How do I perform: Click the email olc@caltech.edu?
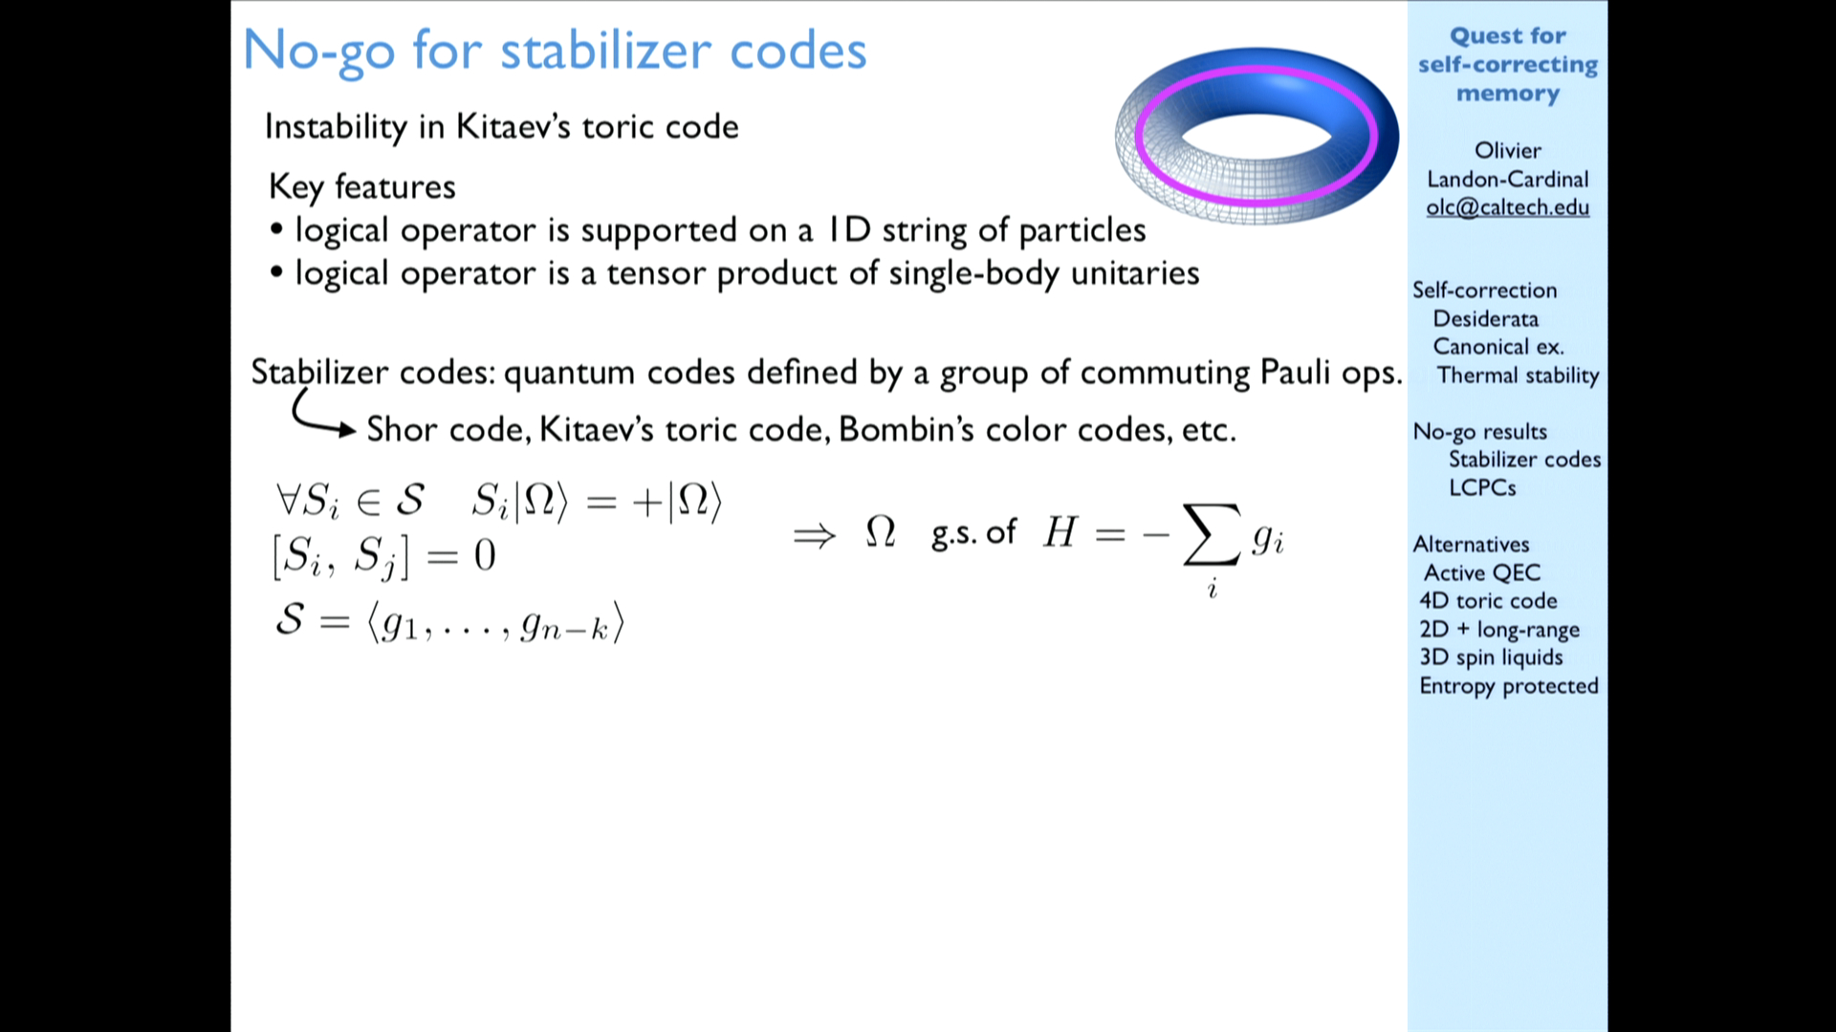click(x=1508, y=207)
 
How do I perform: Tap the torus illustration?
click(x=1257, y=136)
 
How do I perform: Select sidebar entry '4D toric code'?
click(x=1488, y=600)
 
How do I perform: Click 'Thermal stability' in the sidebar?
click(x=1518, y=376)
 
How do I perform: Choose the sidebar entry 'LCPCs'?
click(x=1482, y=487)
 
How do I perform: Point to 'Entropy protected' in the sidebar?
click(x=1509, y=686)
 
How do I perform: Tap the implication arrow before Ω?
click(x=815, y=536)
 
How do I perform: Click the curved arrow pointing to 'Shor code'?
click(x=316, y=417)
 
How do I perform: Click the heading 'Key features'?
click(x=362, y=187)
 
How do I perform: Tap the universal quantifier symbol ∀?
click(x=289, y=499)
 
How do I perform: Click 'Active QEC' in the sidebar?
click(x=1482, y=572)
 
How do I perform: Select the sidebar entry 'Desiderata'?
click(x=1485, y=318)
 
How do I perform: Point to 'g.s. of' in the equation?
click(x=973, y=533)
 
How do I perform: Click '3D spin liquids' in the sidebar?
click(x=1491, y=657)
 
